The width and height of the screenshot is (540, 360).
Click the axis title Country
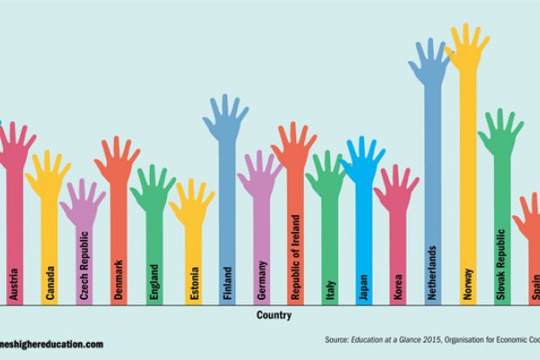point(273,316)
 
